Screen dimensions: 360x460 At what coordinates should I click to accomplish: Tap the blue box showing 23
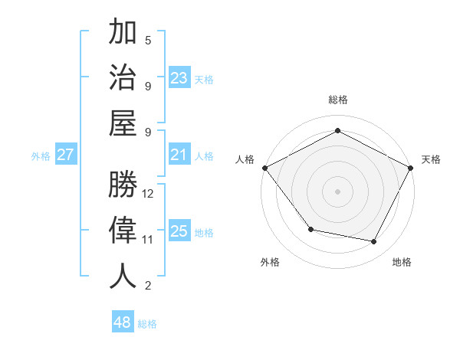pyautogui.click(x=179, y=78)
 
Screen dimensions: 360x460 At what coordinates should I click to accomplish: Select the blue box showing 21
pyautogui.click(x=179, y=155)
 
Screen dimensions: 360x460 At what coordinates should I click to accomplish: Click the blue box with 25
pyautogui.click(x=179, y=231)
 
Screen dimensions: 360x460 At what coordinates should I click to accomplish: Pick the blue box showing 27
pyautogui.click(x=65, y=155)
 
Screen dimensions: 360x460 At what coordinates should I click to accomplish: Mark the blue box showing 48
pyautogui.click(x=123, y=322)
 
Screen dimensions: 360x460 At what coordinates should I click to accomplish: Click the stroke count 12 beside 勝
pyautogui.click(x=149, y=193)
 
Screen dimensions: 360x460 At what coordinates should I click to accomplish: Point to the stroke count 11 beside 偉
pyautogui.click(x=149, y=239)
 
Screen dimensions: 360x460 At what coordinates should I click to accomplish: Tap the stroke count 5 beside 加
pyautogui.click(x=148, y=41)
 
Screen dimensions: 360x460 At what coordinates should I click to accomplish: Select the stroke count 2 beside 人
pyautogui.click(x=148, y=286)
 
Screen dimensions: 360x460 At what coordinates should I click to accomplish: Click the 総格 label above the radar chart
pyautogui.click(x=337, y=100)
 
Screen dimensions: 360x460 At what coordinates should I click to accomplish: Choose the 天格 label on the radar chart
pyautogui.click(x=431, y=159)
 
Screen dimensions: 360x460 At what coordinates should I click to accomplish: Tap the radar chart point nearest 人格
pyautogui.click(x=264, y=167)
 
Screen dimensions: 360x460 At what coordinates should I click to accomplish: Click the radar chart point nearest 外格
pyautogui.click(x=310, y=229)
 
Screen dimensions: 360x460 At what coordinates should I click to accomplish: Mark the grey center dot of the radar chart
pyautogui.click(x=337, y=191)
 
